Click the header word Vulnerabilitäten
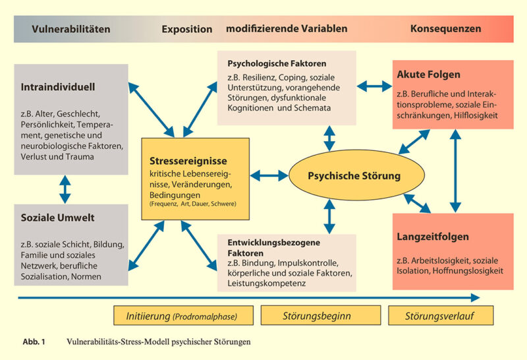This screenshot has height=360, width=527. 71,29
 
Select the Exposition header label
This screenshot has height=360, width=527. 187,30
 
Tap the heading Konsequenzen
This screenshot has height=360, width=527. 445,29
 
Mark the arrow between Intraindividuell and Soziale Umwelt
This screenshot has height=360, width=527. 65,189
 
